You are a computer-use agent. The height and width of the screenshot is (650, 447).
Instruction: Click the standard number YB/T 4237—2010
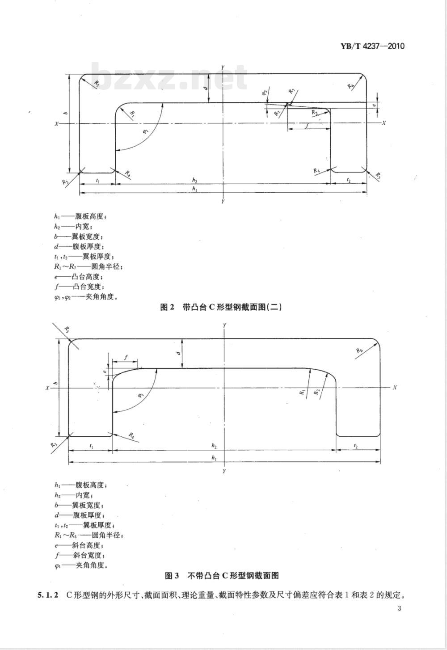coord(372,46)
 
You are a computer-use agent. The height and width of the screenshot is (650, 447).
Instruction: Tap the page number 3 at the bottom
coord(399,608)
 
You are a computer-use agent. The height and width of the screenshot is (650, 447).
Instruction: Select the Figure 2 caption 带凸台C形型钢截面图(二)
coord(221,307)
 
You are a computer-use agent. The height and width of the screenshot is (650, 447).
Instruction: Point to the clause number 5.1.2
coord(47,595)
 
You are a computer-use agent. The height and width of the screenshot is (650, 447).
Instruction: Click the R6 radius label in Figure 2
coord(350,86)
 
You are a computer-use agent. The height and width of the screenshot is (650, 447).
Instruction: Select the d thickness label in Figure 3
coord(178,353)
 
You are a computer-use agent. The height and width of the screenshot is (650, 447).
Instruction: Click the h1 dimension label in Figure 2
coord(194,189)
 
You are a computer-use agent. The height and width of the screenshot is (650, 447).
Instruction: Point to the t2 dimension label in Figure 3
coord(356,446)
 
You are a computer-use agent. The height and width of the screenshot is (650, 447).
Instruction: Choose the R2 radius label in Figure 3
coord(317,392)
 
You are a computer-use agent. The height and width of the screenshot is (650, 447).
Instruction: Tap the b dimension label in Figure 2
coord(65,114)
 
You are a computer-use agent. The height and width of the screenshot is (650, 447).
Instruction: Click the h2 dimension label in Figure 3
coord(214,446)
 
